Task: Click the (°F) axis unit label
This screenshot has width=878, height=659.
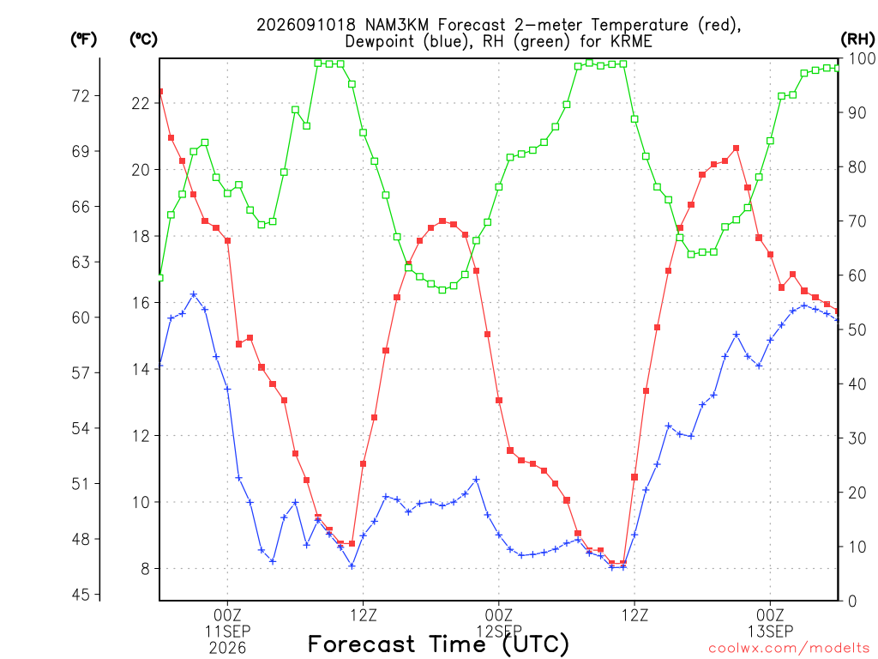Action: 83,39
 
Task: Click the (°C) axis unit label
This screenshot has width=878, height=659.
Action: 143,39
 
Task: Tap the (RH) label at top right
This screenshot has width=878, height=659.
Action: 857,39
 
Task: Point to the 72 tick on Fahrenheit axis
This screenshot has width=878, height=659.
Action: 81,96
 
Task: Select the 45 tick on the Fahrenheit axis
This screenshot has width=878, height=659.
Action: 81,594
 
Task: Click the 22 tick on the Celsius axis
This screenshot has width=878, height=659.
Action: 141,103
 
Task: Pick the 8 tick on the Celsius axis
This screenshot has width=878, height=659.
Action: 146,569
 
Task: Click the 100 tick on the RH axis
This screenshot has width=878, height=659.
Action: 862,58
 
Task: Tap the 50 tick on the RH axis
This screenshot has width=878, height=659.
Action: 857,329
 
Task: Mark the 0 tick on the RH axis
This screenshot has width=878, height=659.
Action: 852,601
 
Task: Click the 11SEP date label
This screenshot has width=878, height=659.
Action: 227,632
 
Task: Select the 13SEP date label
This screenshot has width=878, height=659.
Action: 771,632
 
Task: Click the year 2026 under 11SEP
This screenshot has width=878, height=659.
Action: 227,649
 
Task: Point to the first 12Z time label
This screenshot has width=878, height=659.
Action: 364,615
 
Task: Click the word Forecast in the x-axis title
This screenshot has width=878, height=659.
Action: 362,644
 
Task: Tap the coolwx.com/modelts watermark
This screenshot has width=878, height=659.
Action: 789,649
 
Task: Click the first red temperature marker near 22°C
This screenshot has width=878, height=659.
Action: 160,91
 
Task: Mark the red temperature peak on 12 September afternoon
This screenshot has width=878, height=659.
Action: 737,148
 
